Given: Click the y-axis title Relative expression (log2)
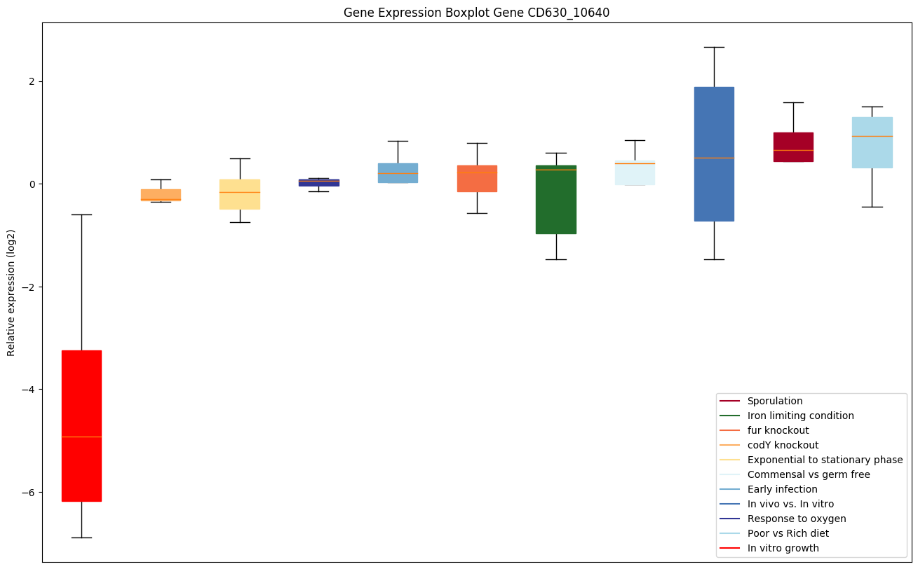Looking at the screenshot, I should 11,292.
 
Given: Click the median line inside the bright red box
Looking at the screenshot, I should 81,437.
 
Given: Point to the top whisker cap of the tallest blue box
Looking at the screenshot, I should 714,47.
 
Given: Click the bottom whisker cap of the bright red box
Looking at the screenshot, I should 81,537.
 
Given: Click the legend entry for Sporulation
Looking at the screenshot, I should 774,401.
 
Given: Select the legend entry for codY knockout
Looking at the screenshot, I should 783,445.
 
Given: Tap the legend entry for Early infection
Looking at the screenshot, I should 782,489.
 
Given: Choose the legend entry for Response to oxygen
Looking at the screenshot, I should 796,519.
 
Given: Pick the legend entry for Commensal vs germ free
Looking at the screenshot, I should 808,474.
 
